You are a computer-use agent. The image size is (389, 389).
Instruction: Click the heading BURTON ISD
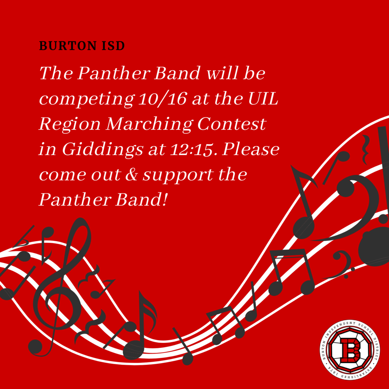point(82,46)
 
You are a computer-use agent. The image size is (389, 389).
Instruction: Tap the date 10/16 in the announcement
point(163,99)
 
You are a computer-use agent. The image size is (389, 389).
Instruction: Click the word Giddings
point(103,150)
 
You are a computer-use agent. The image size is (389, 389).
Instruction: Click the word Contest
point(232,124)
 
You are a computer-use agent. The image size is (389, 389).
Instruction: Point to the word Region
point(70,125)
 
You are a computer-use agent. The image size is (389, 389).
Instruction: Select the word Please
point(251,149)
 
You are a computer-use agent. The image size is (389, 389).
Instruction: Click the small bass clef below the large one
point(341,264)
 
